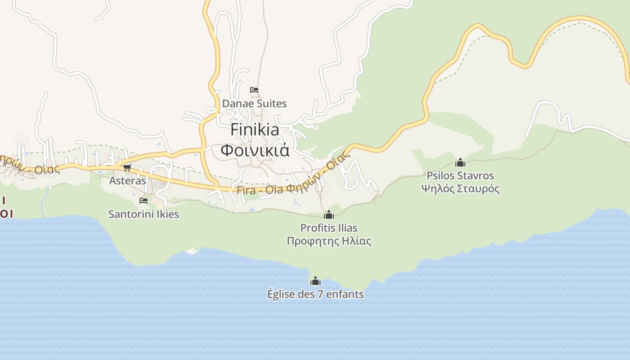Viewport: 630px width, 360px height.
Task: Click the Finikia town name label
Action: (x=255, y=130)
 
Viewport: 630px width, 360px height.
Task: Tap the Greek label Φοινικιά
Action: (x=255, y=150)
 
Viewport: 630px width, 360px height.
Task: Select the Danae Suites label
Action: (x=254, y=103)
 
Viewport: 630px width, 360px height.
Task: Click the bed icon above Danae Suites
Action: (x=254, y=90)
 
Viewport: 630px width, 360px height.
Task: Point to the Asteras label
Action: (x=128, y=181)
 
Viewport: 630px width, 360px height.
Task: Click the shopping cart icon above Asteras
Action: (x=127, y=167)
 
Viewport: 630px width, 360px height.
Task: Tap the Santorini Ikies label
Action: (x=144, y=214)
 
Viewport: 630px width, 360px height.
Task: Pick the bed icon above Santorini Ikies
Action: (x=144, y=201)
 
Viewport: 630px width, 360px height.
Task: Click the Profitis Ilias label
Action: (x=329, y=228)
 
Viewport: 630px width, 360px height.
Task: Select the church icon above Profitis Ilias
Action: (x=329, y=215)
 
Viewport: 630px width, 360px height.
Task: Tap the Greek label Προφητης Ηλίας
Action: (x=329, y=241)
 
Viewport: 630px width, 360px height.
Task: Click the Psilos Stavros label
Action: (x=460, y=175)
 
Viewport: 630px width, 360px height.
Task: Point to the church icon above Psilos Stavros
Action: (x=460, y=162)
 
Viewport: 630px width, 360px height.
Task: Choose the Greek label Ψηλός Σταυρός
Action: (x=460, y=189)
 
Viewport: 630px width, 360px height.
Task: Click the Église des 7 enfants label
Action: (x=315, y=294)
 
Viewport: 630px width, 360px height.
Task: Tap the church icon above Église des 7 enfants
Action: (x=315, y=281)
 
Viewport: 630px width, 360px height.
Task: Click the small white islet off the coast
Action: (x=192, y=251)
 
